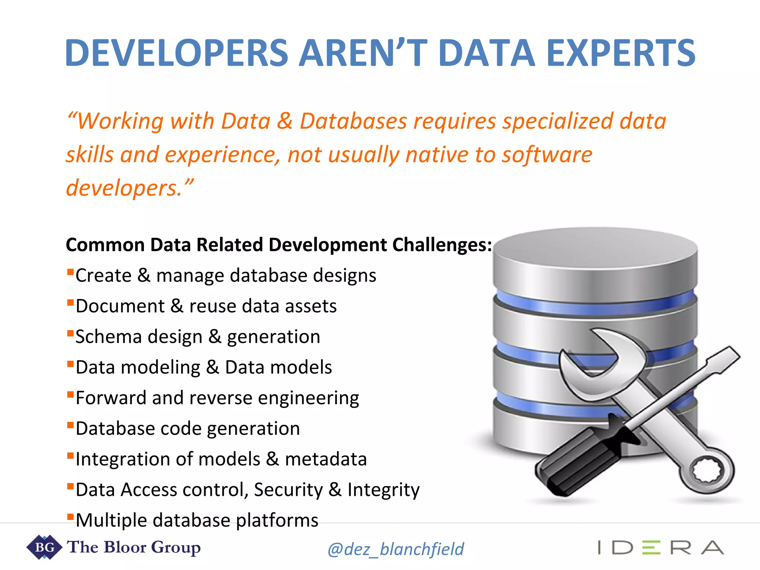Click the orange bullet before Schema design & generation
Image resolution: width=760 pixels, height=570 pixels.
70,332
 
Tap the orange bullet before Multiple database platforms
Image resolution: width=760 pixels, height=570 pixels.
70,516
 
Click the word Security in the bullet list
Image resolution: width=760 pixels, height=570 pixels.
288,490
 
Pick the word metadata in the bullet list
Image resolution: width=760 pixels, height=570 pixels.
326,459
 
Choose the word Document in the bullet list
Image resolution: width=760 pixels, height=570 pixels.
120,306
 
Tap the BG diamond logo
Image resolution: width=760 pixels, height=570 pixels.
44,547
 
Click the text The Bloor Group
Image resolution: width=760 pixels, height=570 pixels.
134,547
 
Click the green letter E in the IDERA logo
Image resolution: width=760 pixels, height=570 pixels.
651,548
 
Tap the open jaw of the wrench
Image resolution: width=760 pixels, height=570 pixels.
594,356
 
